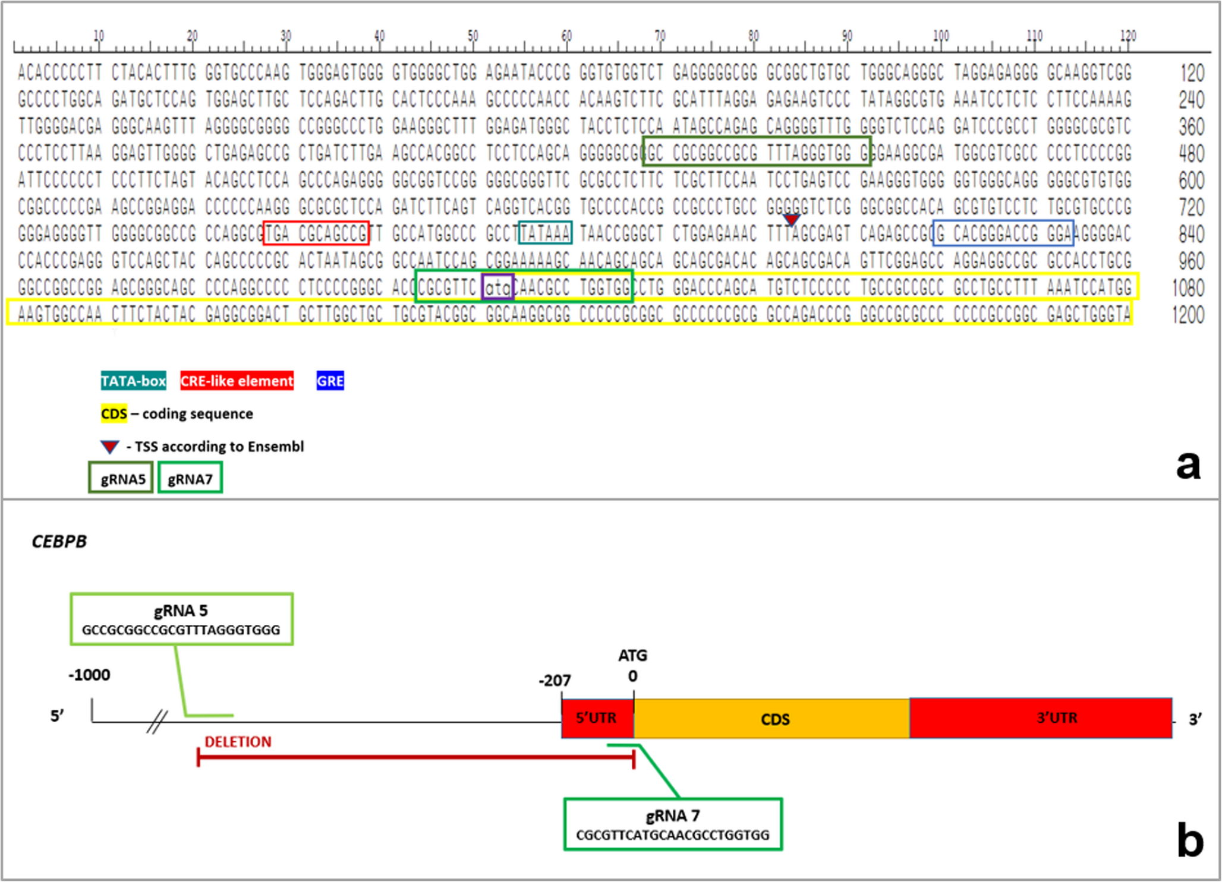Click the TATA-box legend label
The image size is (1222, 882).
[133, 381]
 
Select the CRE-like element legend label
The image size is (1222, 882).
[237, 381]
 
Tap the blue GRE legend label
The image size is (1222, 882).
[330, 381]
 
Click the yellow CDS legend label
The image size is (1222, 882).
[114, 413]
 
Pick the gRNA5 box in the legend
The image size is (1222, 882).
[121, 479]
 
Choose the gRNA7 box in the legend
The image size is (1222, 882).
[190, 479]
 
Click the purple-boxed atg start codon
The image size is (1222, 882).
[497, 288]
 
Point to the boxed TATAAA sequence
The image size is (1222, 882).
[545, 233]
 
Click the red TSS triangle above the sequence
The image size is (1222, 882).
[790, 220]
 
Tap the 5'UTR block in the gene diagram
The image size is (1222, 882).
[597, 718]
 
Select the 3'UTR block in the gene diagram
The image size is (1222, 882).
[1040, 718]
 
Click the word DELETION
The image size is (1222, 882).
[238, 742]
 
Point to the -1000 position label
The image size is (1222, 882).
[89, 675]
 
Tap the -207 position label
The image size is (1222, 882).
[555, 681]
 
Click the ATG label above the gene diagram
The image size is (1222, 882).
[632, 656]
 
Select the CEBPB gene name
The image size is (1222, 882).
[59, 542]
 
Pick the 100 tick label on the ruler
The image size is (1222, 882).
[941, 36]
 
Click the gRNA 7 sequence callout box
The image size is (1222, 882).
[673, 824]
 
